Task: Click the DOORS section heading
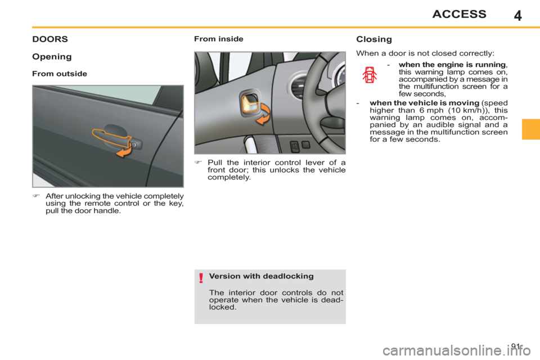point(50,39)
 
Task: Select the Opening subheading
point(52,57)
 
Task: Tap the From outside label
point(60,74)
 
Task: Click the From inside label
point(218,39)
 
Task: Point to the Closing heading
point(373,39)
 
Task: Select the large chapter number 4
point(517,15)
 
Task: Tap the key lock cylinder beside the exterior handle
point(138,144)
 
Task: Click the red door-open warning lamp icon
point(369,75)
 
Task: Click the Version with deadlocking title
point(260,276)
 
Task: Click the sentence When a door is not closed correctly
point(425,53)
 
